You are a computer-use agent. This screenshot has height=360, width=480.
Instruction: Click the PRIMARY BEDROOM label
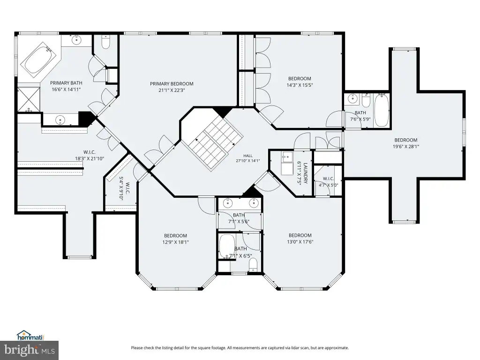tap(172, 83)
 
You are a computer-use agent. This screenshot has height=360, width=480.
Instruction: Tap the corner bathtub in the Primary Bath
tap(38, 59)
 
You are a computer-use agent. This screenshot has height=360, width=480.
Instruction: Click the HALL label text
tap(248, 156)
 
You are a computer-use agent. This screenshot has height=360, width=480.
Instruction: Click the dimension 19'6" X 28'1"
tap(406, 146)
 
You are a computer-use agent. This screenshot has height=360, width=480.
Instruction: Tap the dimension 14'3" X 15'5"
tap(300, 85)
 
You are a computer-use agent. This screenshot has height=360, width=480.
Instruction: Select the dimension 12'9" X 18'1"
tap(175, 242)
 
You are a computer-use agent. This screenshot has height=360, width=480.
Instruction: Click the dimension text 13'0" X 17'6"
tap(300, 242)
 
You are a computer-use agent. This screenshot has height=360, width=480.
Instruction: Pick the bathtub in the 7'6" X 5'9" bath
tap(382, 110)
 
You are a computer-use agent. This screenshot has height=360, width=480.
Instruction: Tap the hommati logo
tap(30, 336)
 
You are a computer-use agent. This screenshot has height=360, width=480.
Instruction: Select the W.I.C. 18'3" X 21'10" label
tap(90, 155)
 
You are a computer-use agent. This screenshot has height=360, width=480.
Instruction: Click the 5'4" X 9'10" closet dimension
tap(121, 188)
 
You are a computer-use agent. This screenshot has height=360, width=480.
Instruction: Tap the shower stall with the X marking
tap(29, 99)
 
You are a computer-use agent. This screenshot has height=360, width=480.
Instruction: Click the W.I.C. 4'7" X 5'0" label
tap(328, 181)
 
